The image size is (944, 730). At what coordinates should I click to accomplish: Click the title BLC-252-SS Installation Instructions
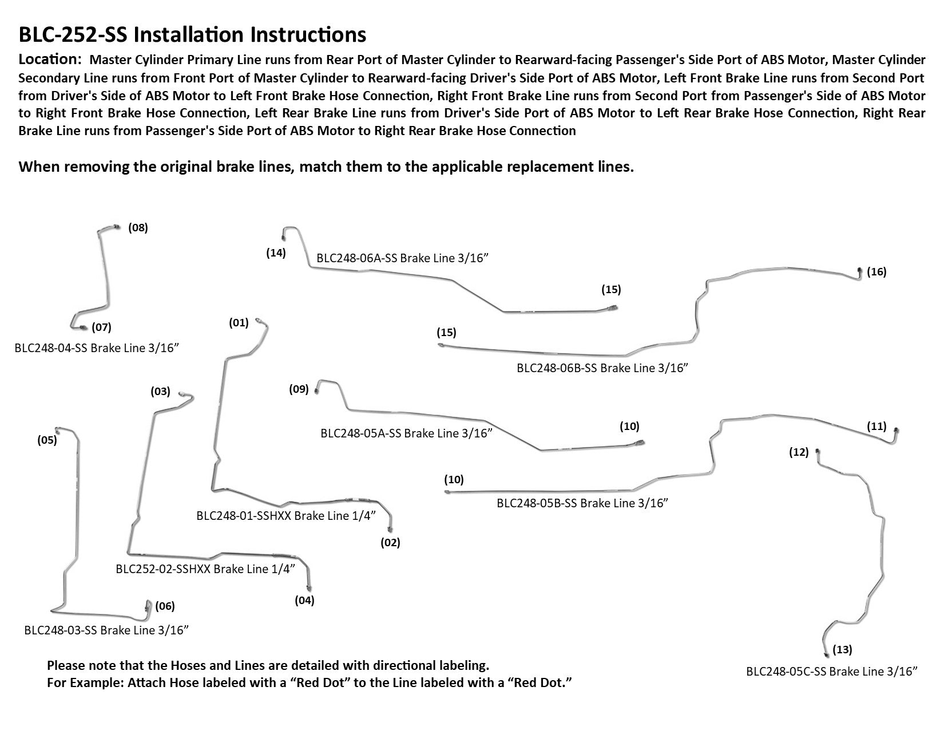192,35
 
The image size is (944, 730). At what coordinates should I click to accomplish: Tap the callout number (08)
138,227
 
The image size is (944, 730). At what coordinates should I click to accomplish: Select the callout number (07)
101,327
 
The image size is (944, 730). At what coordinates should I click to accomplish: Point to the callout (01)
239,322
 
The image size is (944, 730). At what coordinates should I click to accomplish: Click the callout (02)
391,542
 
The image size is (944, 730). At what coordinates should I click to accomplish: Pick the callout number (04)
304,600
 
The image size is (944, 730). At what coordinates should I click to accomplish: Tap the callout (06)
165,606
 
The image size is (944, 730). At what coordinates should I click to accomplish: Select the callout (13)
842,649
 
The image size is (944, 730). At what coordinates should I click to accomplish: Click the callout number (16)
876,271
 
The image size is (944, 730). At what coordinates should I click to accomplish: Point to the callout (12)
799,452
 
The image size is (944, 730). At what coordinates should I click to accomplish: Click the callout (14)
276,252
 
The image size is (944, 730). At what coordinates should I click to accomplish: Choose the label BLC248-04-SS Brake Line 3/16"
101,348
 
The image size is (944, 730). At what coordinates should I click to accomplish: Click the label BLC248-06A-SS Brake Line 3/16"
402,258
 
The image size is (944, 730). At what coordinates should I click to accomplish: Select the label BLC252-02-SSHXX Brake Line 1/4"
205,569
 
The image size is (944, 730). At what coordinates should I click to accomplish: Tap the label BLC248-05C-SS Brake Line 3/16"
832,671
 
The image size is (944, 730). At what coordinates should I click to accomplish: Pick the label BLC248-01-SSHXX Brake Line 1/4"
286,515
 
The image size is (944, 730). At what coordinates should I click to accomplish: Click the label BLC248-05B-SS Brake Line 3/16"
582,503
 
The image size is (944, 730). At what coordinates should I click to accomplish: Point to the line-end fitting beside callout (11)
896,431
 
